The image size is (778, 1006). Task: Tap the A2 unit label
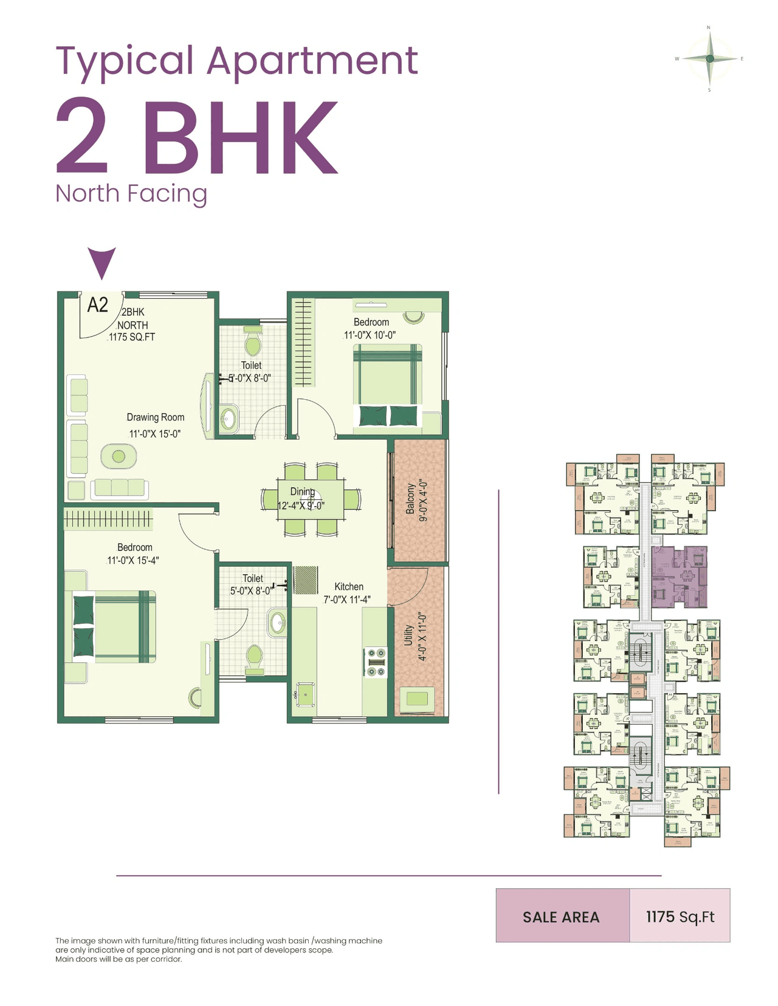tap(98, 304)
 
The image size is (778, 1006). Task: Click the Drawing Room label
tap(155, 417)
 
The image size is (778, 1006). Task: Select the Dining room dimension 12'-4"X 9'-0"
tap(301, 505)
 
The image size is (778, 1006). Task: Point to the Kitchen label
tap(349, 586)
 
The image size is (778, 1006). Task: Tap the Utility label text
tap(408, 635)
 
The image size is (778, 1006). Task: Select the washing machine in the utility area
tap(417, 698)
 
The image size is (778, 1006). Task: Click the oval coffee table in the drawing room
tap(119, 456)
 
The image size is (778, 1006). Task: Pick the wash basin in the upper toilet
tap(229, 419)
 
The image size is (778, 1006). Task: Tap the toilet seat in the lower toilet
tap(254, 657)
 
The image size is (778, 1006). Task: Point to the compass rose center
tap(709, 59)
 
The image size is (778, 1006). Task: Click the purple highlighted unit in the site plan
tap(680, 576)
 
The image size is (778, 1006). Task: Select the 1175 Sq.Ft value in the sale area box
tap(680, 916)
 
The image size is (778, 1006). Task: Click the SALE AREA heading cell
tap(562, 916)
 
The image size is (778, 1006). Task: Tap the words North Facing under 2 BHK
tap(131, 194)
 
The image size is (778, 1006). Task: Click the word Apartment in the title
tap(312, 61)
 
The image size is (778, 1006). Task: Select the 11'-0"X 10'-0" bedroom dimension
tap(370, 335)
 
